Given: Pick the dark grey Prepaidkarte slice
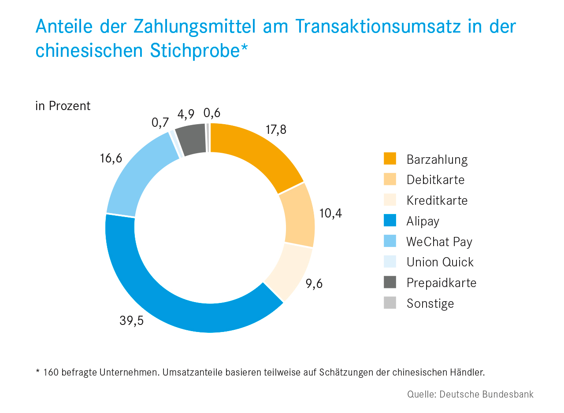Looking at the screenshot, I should point(191,140).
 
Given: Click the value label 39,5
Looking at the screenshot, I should point(131,321).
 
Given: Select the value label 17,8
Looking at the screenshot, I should point(276,130).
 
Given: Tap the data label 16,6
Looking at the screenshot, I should point(111,159).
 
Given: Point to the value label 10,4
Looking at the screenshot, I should point(330,214).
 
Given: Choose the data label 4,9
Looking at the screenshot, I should point(186,114).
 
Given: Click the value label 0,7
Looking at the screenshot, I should point(160,122).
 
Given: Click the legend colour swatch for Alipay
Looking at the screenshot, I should point(390,221).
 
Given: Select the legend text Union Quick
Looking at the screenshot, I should point(440,262).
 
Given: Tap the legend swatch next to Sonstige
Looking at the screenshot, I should point(390,303).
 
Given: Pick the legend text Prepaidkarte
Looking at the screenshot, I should point(441,283).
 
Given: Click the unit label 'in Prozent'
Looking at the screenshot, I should point(63,106).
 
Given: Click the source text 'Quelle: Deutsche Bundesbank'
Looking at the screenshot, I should point(470,394).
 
